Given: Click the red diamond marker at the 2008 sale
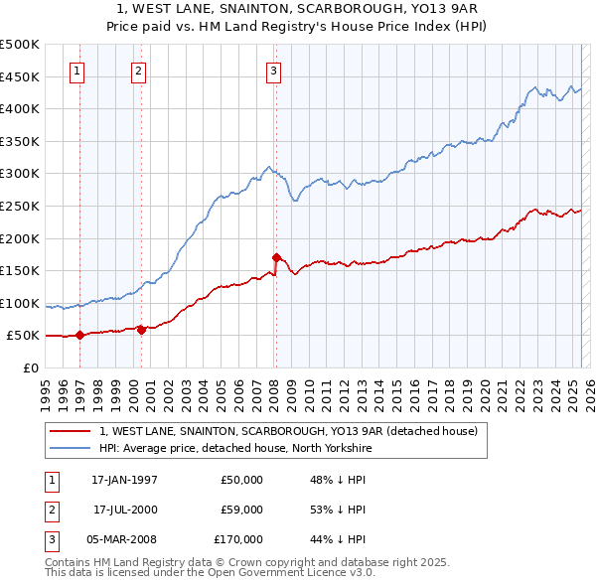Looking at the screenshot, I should [275, 257].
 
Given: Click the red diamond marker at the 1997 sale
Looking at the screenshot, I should [79, 335].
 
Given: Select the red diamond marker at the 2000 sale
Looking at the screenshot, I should [141, 330].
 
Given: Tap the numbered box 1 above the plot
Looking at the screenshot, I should [77, 71].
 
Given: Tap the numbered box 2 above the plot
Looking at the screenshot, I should [138, 71].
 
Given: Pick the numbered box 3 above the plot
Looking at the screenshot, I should [273, 71].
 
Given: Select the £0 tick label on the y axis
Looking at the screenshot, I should [31, 367].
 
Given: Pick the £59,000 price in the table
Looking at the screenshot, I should [241, 510].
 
